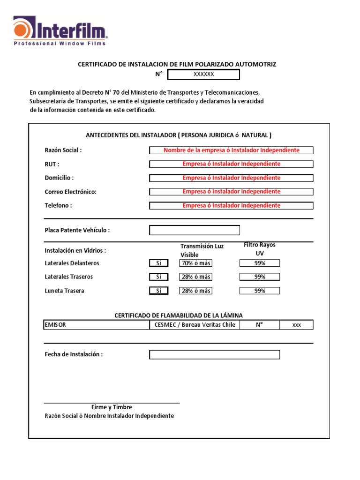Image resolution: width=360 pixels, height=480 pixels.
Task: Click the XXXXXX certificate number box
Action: [203, 75]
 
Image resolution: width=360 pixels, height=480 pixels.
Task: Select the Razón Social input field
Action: [231, 150]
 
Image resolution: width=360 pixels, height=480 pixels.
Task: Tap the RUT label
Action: [52, 164]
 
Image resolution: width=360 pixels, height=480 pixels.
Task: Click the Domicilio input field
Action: [231, 178]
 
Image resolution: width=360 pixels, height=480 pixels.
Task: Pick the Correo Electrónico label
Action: [70, 192]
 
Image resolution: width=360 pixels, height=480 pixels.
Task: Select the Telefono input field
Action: [231, 206]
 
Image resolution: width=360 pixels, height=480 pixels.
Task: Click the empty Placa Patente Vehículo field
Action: [195, 230]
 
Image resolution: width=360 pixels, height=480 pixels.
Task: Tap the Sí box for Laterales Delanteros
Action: [158, 263]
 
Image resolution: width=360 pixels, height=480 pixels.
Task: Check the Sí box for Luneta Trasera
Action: [158, 291]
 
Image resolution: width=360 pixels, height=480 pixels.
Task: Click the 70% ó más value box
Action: [195, 263]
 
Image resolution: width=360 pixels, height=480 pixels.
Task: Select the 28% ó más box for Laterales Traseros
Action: [195, 277]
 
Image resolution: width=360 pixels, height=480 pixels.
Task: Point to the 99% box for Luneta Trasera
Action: [260, 291]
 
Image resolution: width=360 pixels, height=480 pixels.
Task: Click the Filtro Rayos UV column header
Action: [260, 249]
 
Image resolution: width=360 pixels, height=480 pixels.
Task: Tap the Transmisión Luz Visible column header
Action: [202, 250]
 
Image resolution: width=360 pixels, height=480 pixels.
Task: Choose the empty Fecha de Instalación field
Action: [214, 355]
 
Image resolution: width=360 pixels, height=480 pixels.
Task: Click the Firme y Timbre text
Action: [112, 407]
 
